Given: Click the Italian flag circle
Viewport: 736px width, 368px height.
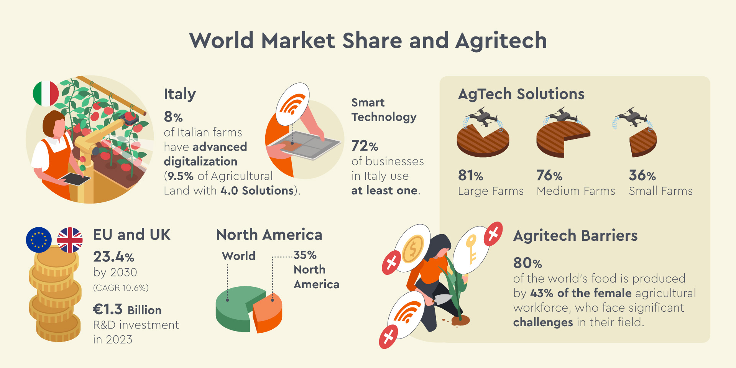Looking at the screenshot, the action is [46, 94].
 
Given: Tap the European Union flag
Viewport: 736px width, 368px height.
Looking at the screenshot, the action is [39, 240].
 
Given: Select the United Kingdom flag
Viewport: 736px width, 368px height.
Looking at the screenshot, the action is [70, 240].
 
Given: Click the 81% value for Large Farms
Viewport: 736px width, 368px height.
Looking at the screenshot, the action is [470, 176].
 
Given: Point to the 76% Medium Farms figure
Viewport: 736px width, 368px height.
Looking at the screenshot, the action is [549, 176].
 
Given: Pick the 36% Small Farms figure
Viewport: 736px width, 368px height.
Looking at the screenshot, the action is [642, 176].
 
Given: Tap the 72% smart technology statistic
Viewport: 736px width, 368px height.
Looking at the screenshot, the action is [365, 146].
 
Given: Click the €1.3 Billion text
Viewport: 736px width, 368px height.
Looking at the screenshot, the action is [127, 309].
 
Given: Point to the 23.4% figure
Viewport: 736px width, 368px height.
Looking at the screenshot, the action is [113, 256].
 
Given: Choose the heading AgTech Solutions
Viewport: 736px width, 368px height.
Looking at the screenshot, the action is [521, 94].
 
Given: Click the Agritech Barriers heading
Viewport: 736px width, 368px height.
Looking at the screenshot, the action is [575, 236].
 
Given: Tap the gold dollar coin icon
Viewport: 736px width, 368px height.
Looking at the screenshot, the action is [412, 248].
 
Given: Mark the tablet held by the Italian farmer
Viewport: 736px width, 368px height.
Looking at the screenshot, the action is [75, 179].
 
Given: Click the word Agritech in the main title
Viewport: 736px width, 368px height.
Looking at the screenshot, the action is [501, 41].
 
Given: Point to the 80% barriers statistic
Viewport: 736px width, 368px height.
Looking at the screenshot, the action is [527, 263].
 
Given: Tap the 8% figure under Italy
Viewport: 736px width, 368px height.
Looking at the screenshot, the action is [173, 117].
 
